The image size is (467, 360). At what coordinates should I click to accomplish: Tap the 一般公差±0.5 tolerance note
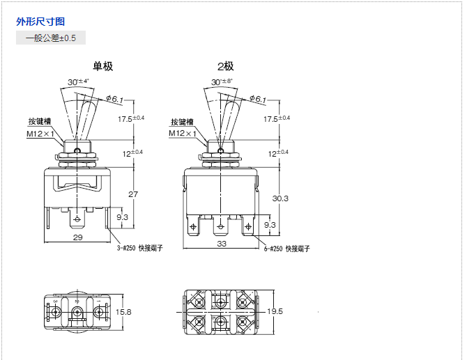(51, 38)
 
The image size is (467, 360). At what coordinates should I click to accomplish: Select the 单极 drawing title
(103, 67)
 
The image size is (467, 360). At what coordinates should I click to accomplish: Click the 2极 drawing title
(225, 67)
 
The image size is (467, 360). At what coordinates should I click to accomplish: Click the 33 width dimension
(222, 244)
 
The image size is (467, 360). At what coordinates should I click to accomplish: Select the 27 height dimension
(132, 194)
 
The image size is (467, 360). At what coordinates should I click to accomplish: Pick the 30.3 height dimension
(280, 198)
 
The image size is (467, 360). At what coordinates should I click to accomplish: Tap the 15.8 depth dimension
(123, 311)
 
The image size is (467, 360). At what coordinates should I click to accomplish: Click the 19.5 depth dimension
(275, 311)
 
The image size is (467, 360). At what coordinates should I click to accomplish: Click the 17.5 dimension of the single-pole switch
(131, 118)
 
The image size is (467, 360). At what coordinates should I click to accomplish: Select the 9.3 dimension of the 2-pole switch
(270, 225)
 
